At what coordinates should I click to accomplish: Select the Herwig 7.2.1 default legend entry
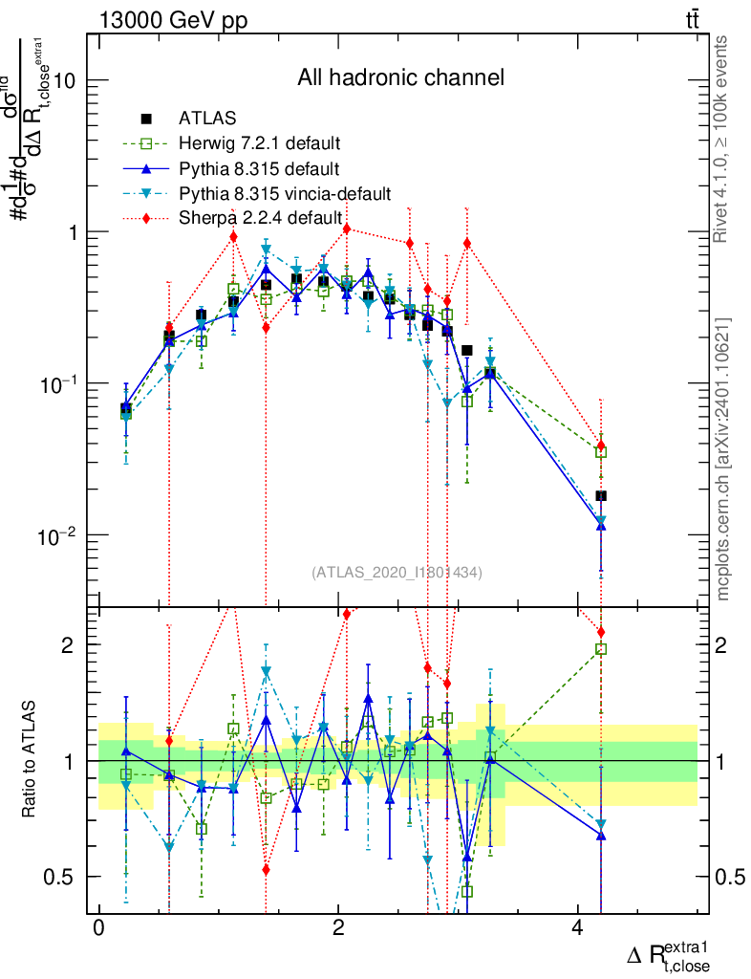pos(258,143)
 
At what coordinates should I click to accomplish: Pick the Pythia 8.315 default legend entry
pos(258,169)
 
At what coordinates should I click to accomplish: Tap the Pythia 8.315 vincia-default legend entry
pos(284,194)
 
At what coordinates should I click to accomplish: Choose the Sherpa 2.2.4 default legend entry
pos(260,218)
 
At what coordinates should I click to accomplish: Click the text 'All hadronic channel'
pos(400,77)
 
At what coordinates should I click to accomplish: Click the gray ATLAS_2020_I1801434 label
pos(397,573)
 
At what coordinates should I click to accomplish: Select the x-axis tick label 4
pos(577,928)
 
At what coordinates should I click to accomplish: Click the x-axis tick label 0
pos(98,928)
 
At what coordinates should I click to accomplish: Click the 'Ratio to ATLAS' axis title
pos(31,760)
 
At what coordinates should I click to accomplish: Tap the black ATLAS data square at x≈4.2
pos(601,495)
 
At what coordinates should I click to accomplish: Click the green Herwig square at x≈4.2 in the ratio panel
pos(601,649)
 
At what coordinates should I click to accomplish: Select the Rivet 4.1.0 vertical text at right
pos(723,139)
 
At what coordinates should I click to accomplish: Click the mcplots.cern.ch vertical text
pos(723,459)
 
